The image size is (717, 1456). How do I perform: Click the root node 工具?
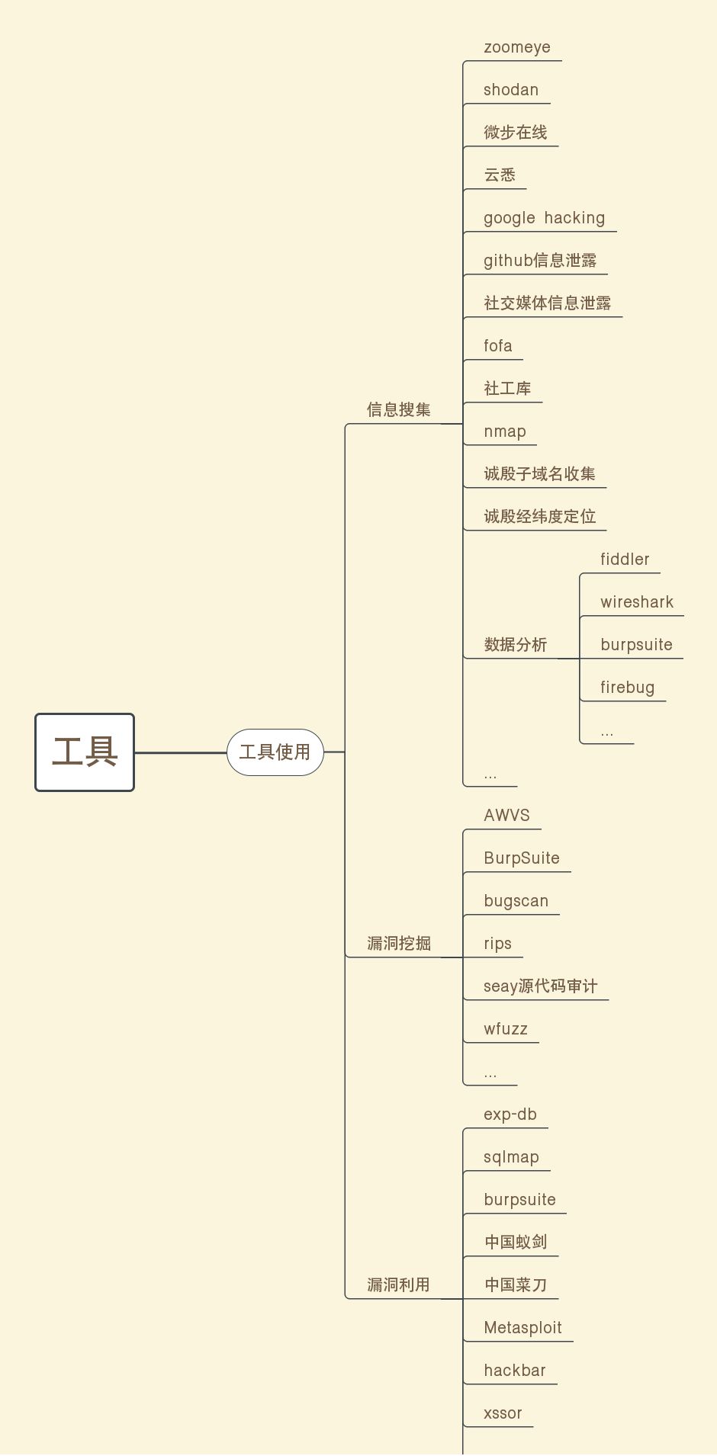pos(85,752)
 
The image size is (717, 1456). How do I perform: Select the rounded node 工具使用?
pos(275,752)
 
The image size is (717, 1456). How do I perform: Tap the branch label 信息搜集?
pos(399,410)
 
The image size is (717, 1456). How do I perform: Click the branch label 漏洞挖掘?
pos(399,944)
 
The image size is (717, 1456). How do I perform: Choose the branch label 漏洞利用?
pos(399,1285)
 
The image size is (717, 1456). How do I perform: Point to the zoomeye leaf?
pos(517,47)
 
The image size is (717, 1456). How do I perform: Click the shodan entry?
pos(511,90)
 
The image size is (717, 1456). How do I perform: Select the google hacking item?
pos(544,218)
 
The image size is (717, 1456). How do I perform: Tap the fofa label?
pos(498,346)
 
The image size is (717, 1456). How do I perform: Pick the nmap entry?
pos(505,431)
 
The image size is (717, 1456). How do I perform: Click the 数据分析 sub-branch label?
pos(516,645)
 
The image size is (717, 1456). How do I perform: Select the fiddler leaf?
pos(625,560)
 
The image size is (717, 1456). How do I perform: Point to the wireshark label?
pos(637,602)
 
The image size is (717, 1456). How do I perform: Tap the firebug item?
pos(627,688)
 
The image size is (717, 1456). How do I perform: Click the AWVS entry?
pos(506,816)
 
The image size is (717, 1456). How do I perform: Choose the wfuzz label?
pos(506,1029)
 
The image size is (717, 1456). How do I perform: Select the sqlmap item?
pos(511,1157)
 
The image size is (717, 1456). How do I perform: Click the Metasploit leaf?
pos(522,1328)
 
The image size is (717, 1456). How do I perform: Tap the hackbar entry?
pos(515,1371)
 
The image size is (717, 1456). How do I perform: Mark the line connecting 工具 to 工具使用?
pos(181,752)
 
